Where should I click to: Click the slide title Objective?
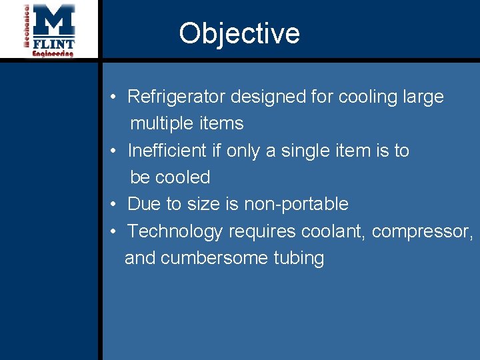coord(239,33)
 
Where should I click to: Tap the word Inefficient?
coord(167,151)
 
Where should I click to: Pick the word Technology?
coord(175,231)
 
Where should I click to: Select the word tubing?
coord(299,258)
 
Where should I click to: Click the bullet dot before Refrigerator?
coord(115,97)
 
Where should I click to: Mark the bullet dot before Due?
coord(115,204)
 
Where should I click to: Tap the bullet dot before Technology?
coord(115,231)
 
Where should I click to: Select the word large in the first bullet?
coord(423,97)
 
